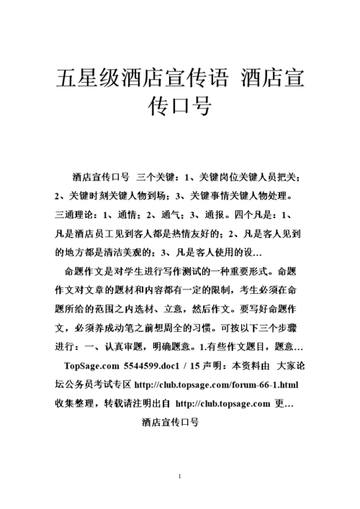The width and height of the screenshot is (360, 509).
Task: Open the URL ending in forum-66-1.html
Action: (x=217, y=384)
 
